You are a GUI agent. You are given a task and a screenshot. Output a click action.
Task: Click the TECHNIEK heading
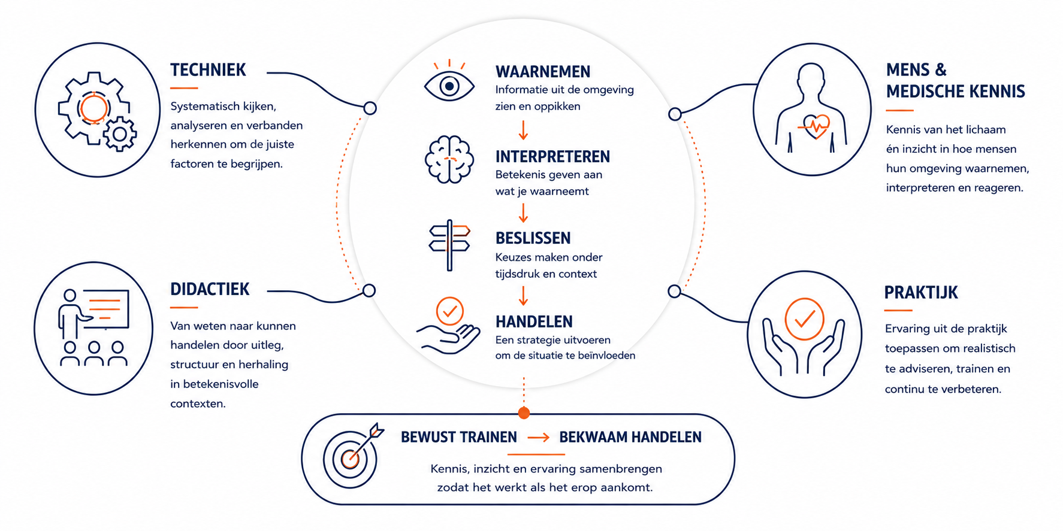[x=208, y=70]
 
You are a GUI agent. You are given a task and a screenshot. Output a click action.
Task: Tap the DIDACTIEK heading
[x=210, y=289]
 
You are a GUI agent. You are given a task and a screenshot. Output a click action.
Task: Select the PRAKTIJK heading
[x=921, y=293]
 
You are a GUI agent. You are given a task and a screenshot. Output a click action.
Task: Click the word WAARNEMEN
[x=543, y=72]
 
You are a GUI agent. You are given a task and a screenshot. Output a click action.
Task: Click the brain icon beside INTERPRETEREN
[x=449, y=159]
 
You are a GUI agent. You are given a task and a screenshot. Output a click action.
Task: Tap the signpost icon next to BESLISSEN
[x=449, y=245]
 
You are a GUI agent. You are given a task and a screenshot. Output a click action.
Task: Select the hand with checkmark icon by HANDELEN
[x=449, y=326]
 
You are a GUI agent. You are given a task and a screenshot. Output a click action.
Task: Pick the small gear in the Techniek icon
[x=120, y=134]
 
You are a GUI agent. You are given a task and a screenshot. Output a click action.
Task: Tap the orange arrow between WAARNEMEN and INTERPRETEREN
[x=523, y=130]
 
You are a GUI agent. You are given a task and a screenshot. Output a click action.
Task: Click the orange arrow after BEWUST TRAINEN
[x=538, y=438]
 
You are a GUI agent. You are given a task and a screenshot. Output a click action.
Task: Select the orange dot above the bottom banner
[x=524, y=412]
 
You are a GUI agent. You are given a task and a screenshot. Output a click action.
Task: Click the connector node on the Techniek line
[x=370, y=108]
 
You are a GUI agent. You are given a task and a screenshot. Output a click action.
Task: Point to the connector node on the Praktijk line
[x=674, y=292]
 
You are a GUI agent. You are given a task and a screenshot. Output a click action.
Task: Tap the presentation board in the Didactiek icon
[x=105, y=309]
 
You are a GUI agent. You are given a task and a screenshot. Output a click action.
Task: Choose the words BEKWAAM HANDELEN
[x=630, y=438]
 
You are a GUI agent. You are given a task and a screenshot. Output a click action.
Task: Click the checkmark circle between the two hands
[x=805, y=319]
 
